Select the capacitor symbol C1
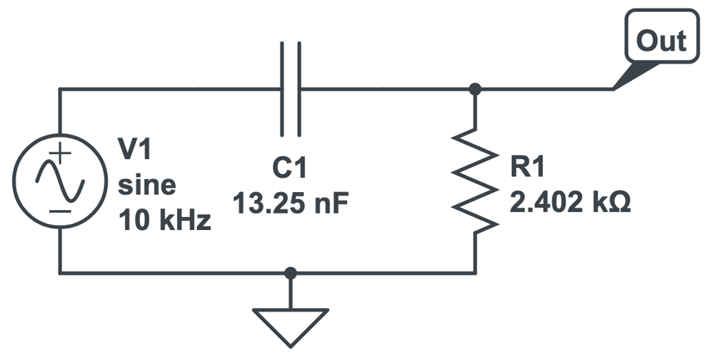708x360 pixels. click(x=291, y=89)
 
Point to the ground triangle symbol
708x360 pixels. click(x=290, y=324)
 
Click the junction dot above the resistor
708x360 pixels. click(x=475, y=89)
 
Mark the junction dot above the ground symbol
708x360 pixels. click(x=290, y=273)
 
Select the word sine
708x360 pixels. click(x=147, y=184)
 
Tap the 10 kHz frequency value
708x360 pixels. click(x=165, y=222)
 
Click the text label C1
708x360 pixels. click(x=289, y=168)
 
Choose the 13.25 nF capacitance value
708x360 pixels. click(x=290, y=204)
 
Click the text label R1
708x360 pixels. click(x=528, y=168)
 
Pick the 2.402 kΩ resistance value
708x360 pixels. click(x=570, y=204)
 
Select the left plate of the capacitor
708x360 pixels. click(x=283, y=89)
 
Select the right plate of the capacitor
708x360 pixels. click(x=299, y=89)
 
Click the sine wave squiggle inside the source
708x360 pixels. click(x=60, y=182)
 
